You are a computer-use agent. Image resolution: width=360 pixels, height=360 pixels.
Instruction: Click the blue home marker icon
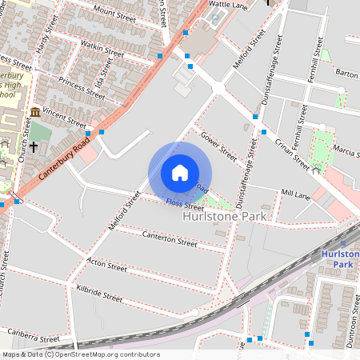180,173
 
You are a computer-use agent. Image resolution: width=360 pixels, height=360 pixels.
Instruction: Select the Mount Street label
115,12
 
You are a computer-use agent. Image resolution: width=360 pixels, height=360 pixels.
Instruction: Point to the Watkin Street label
103,50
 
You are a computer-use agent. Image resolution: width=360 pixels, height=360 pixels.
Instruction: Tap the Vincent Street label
65,119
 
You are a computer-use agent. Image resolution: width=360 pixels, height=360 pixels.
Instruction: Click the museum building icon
34,112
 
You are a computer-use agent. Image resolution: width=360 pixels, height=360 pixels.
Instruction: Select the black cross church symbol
34,149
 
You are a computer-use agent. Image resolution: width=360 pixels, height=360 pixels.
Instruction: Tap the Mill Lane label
295,194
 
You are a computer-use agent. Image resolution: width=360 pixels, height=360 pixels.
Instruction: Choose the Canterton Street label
169,238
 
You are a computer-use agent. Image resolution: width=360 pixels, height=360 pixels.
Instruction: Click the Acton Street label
106,265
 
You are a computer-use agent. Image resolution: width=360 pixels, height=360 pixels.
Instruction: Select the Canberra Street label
34,335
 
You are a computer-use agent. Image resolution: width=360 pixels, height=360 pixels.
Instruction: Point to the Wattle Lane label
229,6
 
